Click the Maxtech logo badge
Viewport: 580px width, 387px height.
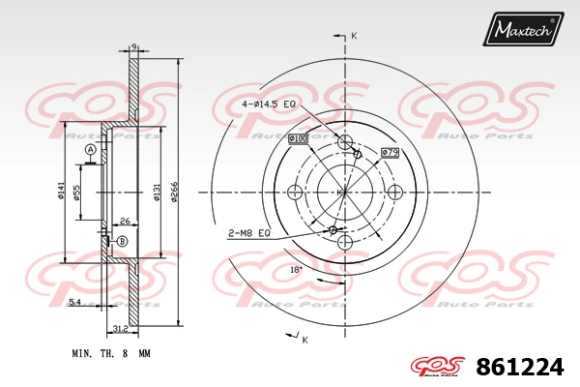523,29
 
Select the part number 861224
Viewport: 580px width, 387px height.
520,367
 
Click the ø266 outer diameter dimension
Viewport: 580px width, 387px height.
175,192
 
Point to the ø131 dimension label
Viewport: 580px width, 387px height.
157,192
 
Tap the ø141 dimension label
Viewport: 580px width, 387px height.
61,191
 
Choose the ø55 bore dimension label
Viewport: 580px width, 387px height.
76,193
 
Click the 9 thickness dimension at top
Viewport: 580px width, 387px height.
134,46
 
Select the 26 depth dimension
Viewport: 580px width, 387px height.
126,222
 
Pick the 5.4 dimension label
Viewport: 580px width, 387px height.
74,302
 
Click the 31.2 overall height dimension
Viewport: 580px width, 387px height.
121,329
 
